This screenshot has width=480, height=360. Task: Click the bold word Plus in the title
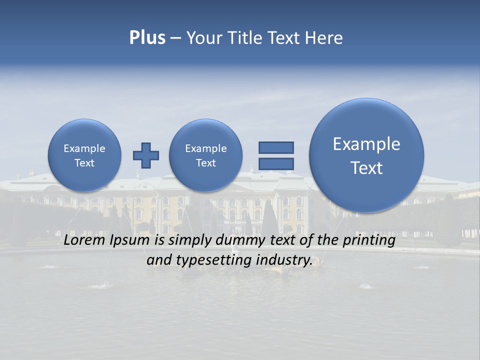(x=147, y=38)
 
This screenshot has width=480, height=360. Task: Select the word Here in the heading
(x=324, y=38)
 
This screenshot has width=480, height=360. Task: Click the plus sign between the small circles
(x=146, y=155)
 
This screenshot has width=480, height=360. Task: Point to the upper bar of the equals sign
(x=276, y=147)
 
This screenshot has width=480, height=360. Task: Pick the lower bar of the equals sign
(x=276, y=163)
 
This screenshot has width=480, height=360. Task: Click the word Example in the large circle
(x=366, y=144)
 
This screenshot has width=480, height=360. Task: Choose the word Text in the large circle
(x=366, y=168)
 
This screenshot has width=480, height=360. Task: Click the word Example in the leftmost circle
(x=84, y=148)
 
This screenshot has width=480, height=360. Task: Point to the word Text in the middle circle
(x=205, y=163)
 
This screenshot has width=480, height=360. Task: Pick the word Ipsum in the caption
(x=131, y=240)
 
